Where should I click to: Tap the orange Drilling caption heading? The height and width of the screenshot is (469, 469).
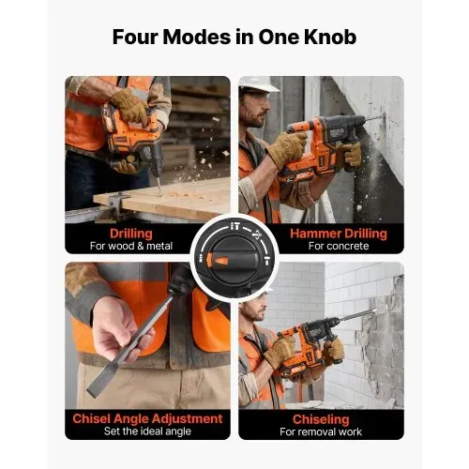[131, 234]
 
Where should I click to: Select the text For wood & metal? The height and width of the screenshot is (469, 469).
[131, 246]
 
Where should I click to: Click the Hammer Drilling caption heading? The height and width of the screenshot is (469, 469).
[339, 234]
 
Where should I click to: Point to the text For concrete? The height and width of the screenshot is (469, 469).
[339, 246]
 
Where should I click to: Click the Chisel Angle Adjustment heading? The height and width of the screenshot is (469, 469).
[147, 418]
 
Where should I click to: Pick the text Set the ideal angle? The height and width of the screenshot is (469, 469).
[147, 431]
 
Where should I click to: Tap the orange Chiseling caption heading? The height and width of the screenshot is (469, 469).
[321, 419]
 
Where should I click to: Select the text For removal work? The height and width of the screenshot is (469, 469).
[321, 431]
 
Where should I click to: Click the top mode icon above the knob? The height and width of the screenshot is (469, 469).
[235, 226]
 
